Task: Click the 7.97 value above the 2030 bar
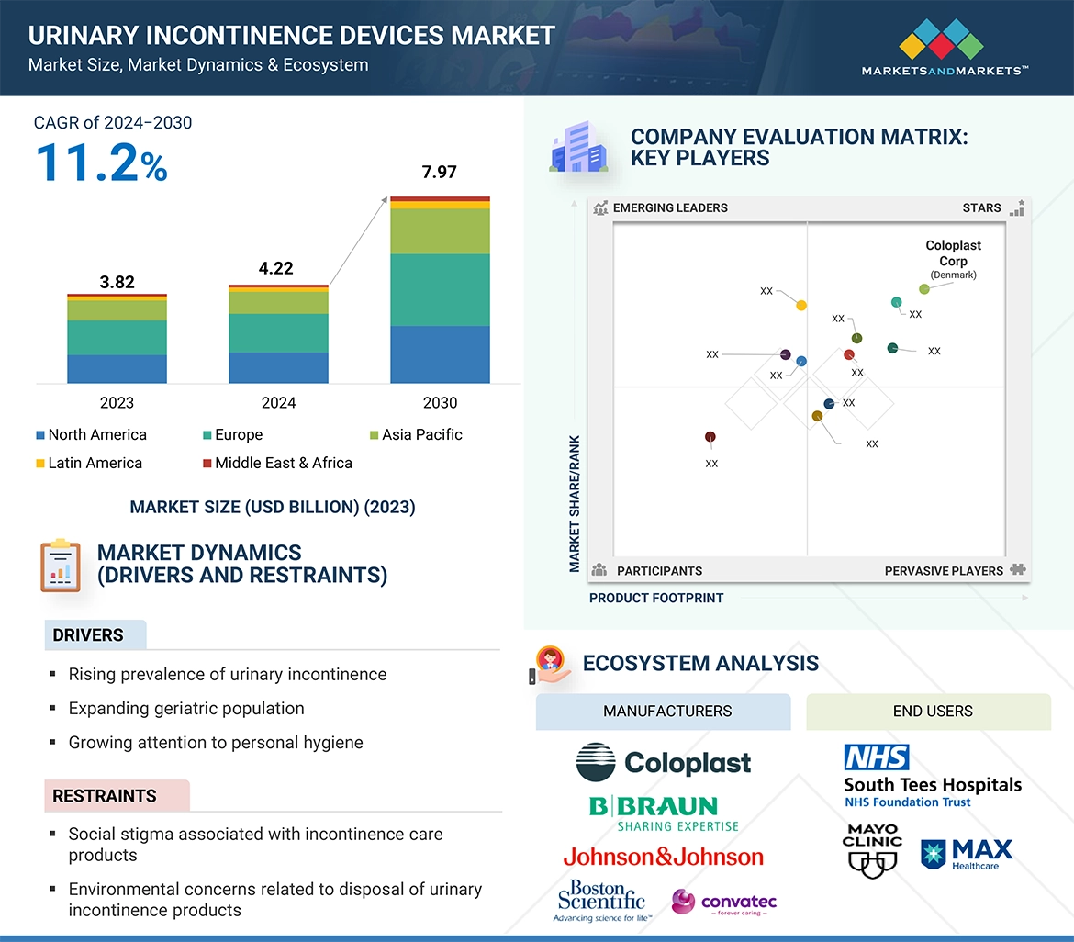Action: pos(439,172)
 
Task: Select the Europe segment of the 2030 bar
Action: pos(440,289)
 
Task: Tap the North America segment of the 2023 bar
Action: pos(117,368)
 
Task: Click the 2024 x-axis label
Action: pos(278,403)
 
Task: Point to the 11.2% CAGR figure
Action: pos(101,163)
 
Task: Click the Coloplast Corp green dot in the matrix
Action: pos(924,288)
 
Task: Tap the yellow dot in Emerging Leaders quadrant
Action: pos(801,305)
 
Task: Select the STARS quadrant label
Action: pos(981,207)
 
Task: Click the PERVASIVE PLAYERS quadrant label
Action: pos(944,570)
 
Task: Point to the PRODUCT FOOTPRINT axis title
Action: pos(655,598)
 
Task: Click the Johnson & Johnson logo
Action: pos(663,857)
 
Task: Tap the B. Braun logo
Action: pos(663,813)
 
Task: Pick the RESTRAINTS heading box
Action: pos(117,796)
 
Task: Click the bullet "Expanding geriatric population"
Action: pos(186,708)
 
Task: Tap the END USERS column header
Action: pos(932,712)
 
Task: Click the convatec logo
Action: pos(724,903)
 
